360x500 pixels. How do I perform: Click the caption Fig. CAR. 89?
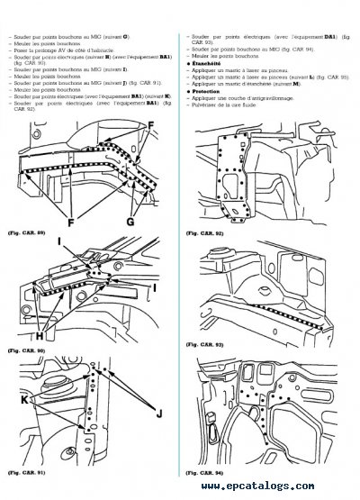tap(24, 232)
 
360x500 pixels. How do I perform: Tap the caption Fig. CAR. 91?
tap(24, 471)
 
